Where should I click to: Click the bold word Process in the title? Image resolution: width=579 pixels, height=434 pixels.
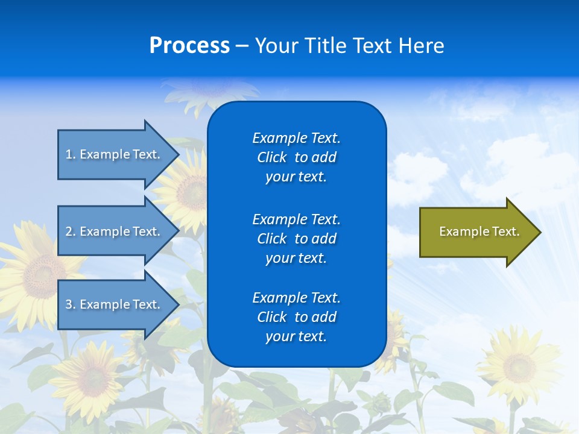pos(189,46)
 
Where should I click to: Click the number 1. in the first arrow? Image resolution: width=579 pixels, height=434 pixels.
pos(71,154)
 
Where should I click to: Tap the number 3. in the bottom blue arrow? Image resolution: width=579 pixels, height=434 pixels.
pos(71,304)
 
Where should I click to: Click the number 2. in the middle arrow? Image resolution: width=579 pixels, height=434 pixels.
pos(71,231)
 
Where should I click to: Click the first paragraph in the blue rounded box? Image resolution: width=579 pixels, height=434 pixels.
pos(296,157)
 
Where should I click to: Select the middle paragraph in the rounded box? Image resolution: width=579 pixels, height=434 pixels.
pos(296,238)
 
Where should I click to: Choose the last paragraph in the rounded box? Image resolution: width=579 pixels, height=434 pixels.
pos(296,317)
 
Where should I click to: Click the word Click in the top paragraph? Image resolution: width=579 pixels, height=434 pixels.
pos(271,157)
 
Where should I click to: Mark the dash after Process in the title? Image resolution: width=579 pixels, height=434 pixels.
pos(242,46)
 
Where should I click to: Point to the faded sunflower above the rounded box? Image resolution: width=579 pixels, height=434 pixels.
pos(211,90)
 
